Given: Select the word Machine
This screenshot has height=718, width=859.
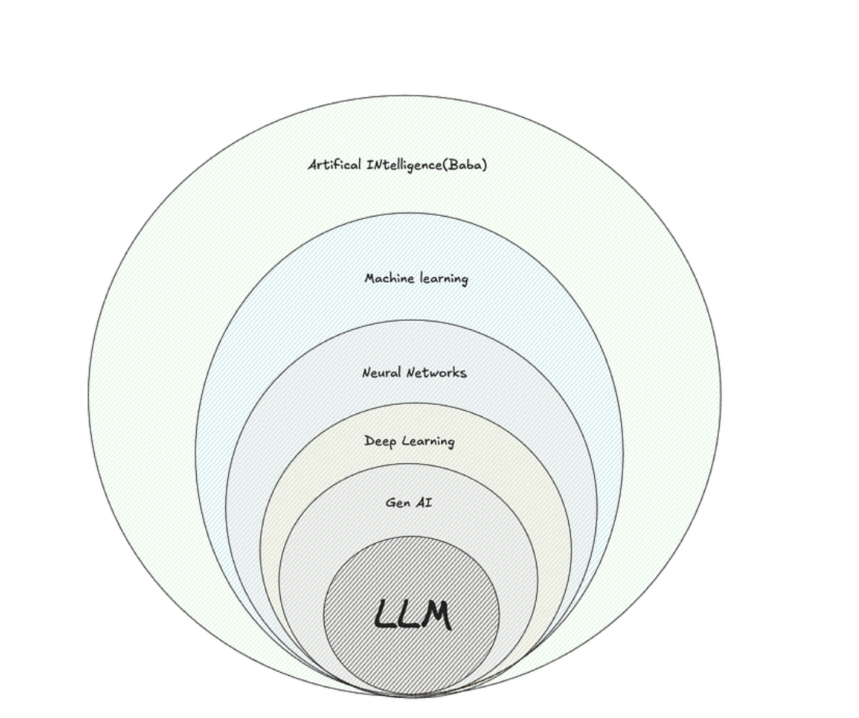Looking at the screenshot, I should [389, 279].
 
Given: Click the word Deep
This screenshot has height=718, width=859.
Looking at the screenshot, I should [381, 442].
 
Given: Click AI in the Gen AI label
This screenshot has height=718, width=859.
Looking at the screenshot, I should [424, 503].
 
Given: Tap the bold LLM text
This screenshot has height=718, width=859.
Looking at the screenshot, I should [412, 615].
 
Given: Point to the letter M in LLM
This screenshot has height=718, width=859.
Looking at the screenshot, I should [434, 615].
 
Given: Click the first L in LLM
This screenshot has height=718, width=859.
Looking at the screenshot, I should [384, 615].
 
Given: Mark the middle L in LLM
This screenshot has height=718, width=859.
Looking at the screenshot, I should [407, 615].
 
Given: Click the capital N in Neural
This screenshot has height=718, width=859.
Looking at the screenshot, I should [367, 373].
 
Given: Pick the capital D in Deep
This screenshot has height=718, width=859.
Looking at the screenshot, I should [369, 442].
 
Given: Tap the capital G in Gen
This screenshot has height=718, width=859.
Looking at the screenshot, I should [390, 503].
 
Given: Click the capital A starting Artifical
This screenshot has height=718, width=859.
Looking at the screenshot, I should [313, 165].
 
